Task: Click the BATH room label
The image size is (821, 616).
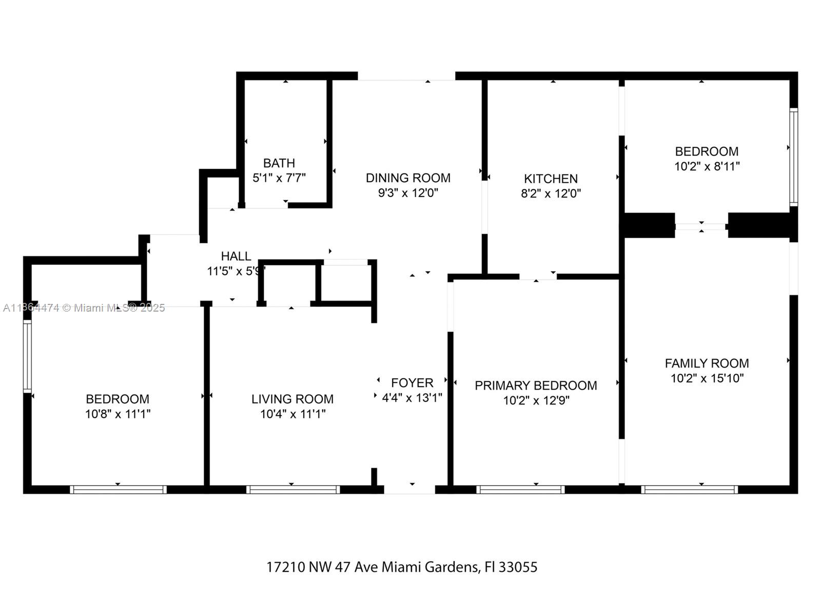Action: pos(279,163)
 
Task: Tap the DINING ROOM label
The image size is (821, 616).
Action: pos(408,178)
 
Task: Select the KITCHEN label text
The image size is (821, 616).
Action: pos(551,179)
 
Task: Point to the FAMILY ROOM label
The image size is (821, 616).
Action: pos(707,363)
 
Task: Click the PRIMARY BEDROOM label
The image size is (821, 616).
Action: pos(536,386)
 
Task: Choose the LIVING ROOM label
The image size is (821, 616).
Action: pos(292,399)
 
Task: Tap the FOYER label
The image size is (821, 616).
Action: pos(412,383)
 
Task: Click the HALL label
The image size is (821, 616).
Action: pos(236,256)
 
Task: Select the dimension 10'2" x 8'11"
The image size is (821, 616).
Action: pos(707,166)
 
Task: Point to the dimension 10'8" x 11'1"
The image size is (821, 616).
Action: pos(118,414)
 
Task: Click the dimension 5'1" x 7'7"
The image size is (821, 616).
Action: pos(279,178)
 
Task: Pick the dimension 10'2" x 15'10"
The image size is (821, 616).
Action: pos(707,378)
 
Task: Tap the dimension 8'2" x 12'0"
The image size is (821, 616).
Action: pos(551,194)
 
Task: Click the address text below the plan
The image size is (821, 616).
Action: pos(402,567)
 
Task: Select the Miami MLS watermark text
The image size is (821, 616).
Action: pos(84,308)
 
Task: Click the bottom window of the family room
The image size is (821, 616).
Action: pos(689,490)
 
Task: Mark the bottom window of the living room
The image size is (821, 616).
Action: pos(293,490)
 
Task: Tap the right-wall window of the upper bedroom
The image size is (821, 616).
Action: pos(793,157)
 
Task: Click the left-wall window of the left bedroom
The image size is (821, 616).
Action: pos(27,356)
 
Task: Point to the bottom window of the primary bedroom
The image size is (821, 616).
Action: pos(520,490)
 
